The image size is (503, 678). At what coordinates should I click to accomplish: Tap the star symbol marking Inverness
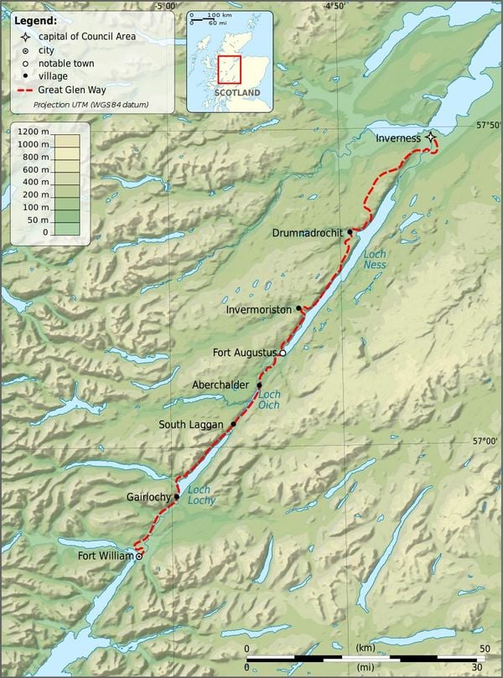tap(430, 137)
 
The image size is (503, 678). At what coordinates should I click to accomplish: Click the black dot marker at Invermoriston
tap(298, 309)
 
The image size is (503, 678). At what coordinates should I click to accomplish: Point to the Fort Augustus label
tap(244, 353)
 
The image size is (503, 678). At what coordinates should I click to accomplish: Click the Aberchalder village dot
tap(260, 386)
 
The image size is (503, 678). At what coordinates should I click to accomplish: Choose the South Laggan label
tap(192, 425)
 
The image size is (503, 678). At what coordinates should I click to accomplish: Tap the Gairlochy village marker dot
tap(177, 496)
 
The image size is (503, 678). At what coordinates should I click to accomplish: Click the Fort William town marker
tap(139, 556)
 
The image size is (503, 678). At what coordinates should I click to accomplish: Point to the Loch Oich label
tap(269, 400)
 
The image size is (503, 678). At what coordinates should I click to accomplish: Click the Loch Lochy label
tap(200, 494)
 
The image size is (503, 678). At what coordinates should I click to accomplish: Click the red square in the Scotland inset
tap(229, 69)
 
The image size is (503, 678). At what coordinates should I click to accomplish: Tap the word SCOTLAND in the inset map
tap(236, 92)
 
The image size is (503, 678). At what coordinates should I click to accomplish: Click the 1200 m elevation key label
tap(33, 132)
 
